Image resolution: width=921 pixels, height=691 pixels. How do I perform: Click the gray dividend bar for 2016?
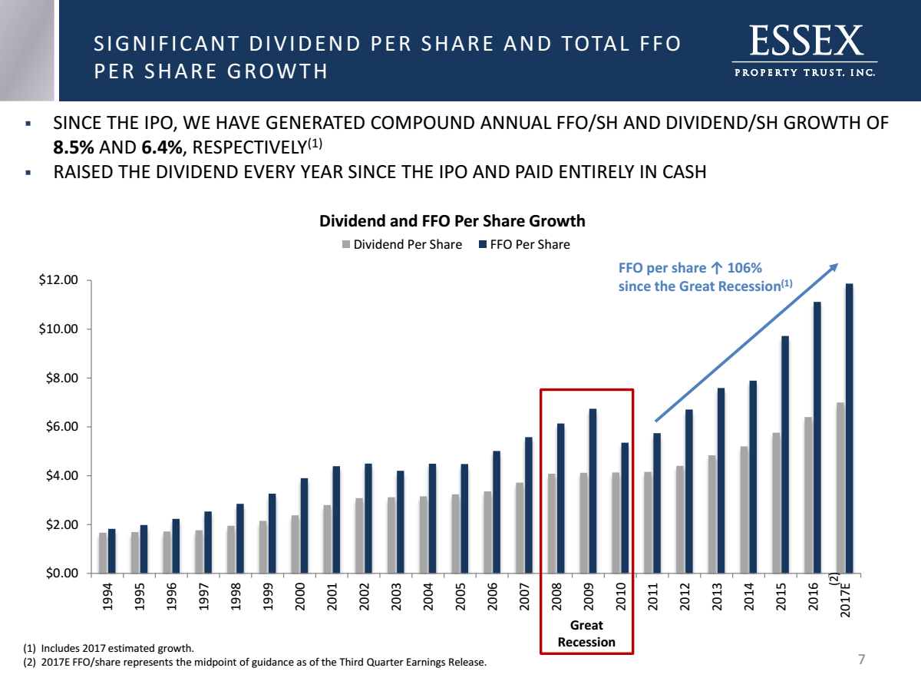[x=808, y=495]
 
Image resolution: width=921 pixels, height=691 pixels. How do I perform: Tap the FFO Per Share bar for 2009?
[x=593, y=491]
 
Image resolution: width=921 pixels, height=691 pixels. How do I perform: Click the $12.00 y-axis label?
[x=60, y=280]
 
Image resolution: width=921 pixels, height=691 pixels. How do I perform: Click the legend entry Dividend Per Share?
[x=401, y=244]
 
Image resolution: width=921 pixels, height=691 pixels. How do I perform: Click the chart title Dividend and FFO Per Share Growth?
[x=452, y=221]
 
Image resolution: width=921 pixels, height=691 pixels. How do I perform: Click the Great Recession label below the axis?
[x=586, y=634]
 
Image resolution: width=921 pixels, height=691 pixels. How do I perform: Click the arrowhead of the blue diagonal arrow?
[x=834, y=266]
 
